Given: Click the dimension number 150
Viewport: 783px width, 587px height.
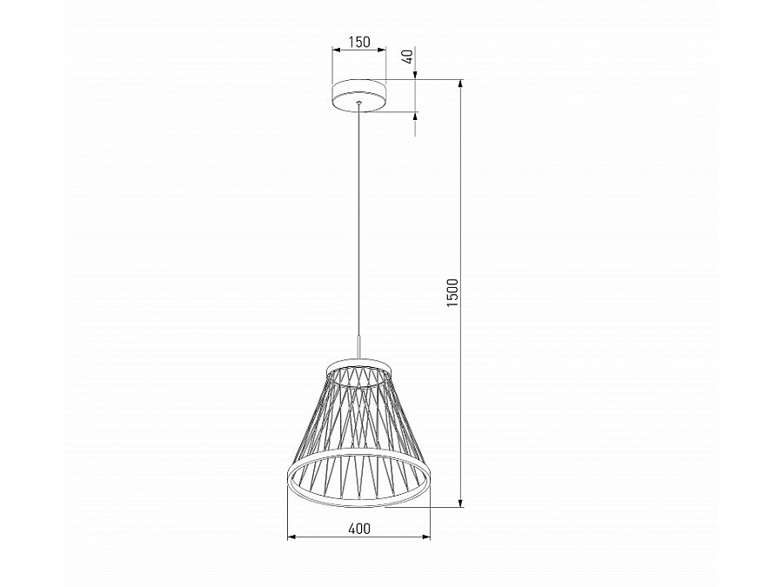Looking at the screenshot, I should (358, 42).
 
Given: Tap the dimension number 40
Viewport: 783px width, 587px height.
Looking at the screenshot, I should (406, 58).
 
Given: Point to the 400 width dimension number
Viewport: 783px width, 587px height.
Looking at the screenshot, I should (358, 528).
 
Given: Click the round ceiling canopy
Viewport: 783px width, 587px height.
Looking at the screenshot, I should (358, 96).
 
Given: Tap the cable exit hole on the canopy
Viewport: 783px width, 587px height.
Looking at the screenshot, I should (358, 104).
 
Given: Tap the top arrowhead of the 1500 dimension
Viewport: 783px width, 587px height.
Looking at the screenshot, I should (461, 85).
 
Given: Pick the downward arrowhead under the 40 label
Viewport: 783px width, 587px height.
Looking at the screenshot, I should (415, 76).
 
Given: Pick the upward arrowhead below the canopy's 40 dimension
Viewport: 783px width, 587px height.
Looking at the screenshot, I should (415, 117).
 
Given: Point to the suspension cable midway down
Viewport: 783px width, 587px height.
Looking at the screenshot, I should (358, 226).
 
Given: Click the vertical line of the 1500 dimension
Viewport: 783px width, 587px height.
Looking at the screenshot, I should (461, 391).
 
